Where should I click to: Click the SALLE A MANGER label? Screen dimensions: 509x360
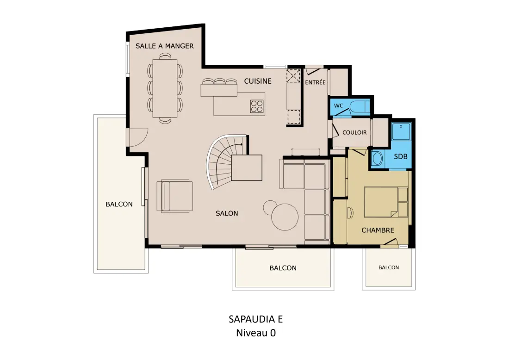coord(165,46)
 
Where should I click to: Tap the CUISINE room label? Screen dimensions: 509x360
coord(258,81)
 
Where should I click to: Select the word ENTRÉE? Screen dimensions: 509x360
coord(315,82)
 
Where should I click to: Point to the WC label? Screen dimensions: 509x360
coord(339,106)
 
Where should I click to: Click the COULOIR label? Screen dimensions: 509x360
coord(354,132)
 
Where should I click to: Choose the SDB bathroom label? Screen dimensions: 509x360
coord(401,156)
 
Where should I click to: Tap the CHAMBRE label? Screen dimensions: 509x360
coord(378,230)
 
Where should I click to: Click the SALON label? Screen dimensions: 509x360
coord(227,213)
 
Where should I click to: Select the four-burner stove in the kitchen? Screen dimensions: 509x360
coord(257,106)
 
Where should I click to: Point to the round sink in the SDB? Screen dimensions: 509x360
coord(378,159)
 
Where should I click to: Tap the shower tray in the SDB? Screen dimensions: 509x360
coord(401,131)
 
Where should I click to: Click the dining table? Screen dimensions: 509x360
coord(165,88)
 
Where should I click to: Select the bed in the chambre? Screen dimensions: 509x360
coord(386,202)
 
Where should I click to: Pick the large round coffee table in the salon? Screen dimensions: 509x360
coord(285,217)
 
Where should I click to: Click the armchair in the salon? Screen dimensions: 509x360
coord(174,196)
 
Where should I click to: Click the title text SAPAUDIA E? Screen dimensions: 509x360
coord(256,319)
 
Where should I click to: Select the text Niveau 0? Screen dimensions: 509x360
coord(256,333)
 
